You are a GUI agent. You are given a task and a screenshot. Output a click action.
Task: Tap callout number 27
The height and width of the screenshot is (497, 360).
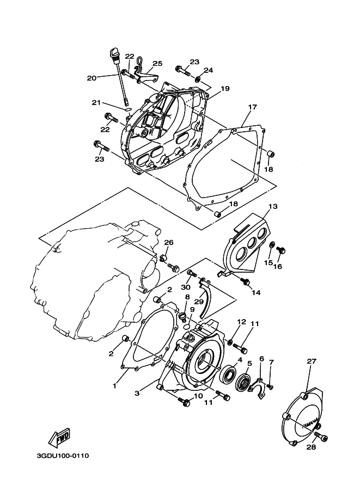(x=311, y=361)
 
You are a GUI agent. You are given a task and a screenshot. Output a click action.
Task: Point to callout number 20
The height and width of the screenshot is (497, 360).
(x=91, y=78)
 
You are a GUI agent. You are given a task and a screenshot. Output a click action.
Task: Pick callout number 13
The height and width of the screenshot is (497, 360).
(x=273, y=207)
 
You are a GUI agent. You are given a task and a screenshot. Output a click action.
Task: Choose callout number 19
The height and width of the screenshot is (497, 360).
(x=224, y=88)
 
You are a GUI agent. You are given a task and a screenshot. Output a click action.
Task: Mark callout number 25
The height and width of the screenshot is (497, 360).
(x=157, y=64)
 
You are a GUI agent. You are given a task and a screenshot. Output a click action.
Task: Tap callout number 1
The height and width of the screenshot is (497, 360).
(x=115, y=386)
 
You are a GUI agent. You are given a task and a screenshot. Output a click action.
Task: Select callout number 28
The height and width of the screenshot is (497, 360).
(x=310, y=447)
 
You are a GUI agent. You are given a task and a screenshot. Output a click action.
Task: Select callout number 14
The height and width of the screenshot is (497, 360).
(x=256, y=292)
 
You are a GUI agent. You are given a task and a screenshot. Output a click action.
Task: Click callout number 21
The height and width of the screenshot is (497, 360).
(x=96, y=102)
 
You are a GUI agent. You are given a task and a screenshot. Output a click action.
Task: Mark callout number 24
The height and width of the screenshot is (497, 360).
(x=209, y=71)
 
